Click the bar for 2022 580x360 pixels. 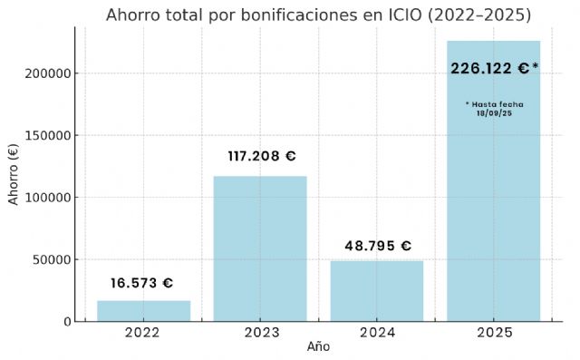143,310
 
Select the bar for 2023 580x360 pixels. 260,248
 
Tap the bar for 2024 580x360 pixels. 377,290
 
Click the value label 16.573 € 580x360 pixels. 142,283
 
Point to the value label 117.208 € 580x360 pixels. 261,156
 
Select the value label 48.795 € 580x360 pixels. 378,246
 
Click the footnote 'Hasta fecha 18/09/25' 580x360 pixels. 494,108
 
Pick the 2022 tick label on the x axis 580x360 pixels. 143,332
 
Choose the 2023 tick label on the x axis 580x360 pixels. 260,332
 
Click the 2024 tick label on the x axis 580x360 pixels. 377,332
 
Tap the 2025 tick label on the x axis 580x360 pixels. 494,332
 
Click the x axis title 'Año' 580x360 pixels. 318,347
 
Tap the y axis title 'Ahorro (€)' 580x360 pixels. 14,172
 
